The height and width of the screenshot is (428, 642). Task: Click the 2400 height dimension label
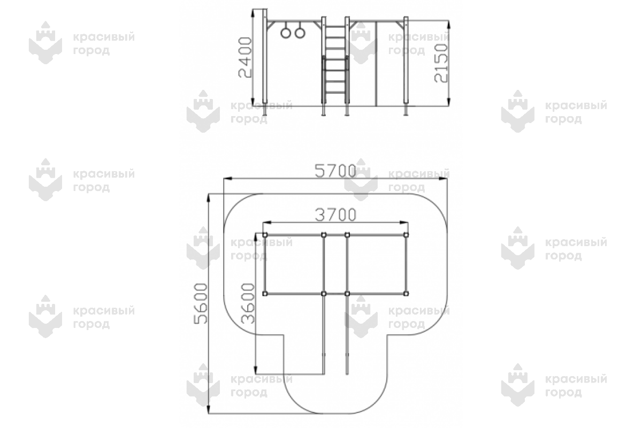point(245,57)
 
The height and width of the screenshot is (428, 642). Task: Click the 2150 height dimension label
point(441,63)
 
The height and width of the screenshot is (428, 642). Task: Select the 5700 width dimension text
point(335,171)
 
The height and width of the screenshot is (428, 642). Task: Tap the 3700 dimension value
point(335,215)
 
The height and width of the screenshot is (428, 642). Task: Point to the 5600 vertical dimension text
point(201,303)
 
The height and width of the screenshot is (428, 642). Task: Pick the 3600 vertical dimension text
point(248,303)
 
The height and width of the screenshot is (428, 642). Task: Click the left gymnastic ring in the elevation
point(286,33)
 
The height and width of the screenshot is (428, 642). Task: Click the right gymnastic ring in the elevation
point(300,33)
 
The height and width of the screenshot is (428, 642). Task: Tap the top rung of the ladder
point(335,26)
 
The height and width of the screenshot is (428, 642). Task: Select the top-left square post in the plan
point(265,235)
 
